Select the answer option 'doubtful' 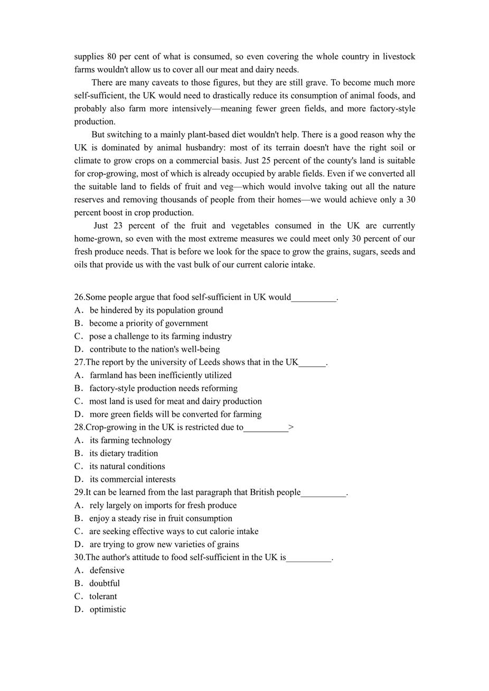tap(104, 583)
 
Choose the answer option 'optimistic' tap(107, 609)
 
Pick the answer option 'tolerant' tap(103, 597)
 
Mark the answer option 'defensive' tap(107, 571)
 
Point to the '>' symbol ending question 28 tap(291, 427)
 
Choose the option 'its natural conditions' tap(127, 467)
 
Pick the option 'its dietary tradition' tap(124, 453)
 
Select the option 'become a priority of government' tap(148, 323)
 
